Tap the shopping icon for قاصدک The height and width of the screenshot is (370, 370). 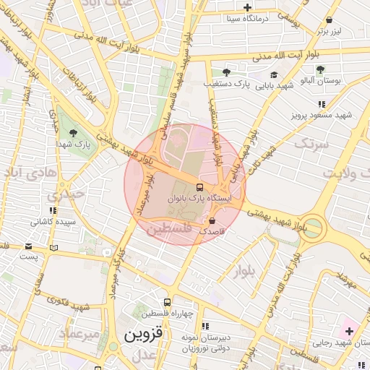[x=212, y=220]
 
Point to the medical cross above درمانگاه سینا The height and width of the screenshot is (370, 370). [x=248, y=7]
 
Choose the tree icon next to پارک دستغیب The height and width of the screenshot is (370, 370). [x=226, y=72]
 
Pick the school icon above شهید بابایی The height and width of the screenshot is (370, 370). [x=274, y=74]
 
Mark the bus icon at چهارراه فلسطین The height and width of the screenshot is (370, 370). [x=168, y=302]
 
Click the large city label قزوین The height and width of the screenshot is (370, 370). [x=145, y=335]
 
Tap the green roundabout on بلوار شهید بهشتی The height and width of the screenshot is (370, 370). [x=315, y=226]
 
